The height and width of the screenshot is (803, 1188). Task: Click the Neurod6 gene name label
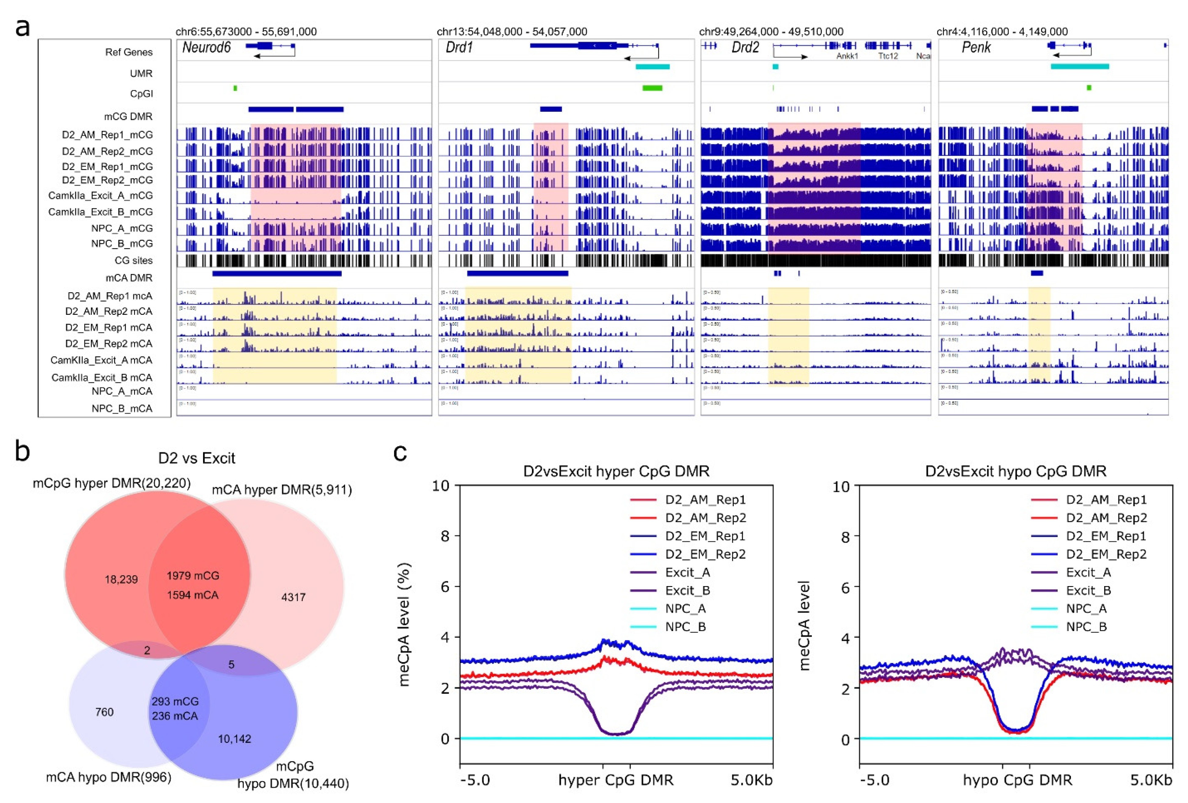(x=206, y=48)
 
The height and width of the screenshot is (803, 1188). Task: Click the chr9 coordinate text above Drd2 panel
(x=771, y=32)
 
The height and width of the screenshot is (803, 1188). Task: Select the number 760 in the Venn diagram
(x=104, y=712)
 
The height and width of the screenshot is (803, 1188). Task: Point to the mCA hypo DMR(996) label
(x=108, y=777)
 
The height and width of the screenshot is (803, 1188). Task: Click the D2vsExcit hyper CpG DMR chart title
(x=616, y=471)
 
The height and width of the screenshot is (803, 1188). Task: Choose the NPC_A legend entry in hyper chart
(x=685, y=609)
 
